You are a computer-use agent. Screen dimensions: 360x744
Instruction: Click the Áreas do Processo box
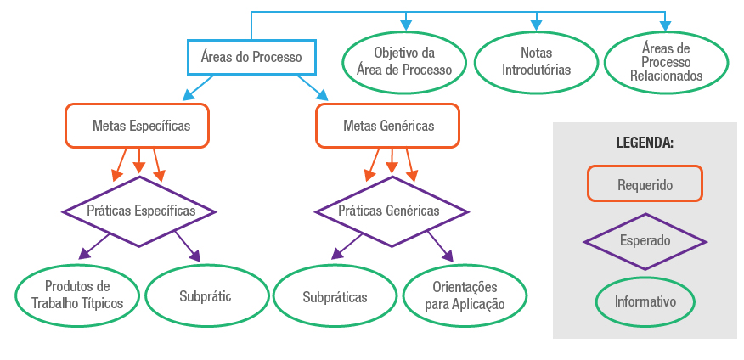(x=251, y=58)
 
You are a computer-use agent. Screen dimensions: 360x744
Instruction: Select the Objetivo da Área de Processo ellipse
(x=405, y=62)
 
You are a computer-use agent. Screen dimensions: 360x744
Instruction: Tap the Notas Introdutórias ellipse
(x=536, y=62)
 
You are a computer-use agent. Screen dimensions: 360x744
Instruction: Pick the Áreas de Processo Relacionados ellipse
(x=666, y=62)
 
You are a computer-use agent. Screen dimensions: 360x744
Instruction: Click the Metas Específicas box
(x=137, y=126)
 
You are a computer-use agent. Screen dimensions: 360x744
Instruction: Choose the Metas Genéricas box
(x=388, y=126)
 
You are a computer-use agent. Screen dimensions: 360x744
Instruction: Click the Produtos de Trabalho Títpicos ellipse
(x=77, y=295)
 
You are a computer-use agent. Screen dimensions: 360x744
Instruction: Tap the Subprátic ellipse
(x=206, y=296)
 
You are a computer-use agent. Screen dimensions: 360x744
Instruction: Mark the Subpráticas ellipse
(x=335, y=297)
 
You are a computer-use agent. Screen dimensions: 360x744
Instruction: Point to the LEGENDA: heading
(x=645, y=143)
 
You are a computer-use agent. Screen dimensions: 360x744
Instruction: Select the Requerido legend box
(x=645, y=183)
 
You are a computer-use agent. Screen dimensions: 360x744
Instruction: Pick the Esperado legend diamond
(x=645, y=240)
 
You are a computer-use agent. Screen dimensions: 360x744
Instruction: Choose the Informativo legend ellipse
(x=645, y=301)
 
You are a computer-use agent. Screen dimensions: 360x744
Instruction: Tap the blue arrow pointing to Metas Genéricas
(x=312, y=87)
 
